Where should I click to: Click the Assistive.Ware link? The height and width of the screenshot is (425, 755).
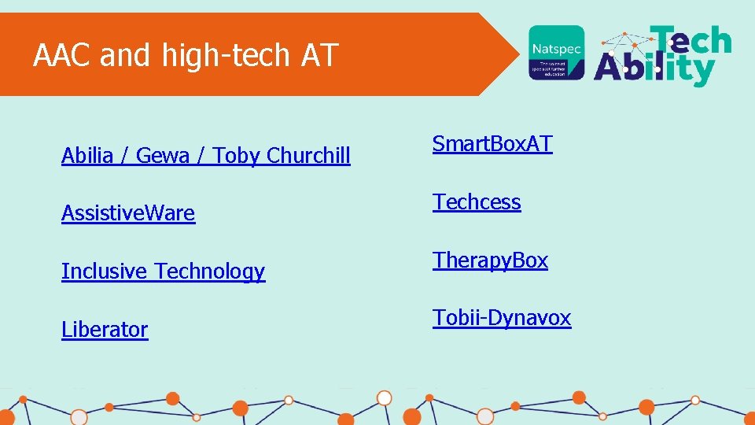tap(128, 213)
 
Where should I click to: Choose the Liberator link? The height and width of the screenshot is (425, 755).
tap(105, 330)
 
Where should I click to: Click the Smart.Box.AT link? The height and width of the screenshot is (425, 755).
tap(492, 144)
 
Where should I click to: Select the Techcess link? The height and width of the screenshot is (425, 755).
tap(477, 202)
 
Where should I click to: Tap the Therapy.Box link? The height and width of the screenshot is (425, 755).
tap(490, 261)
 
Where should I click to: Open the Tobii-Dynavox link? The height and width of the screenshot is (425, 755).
tap(502, 318)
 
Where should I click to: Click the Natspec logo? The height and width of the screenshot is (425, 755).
tap(557, 52)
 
